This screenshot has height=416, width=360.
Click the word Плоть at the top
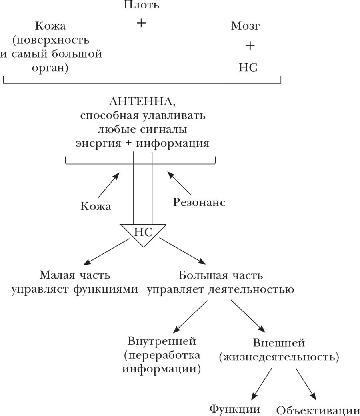point(141,5)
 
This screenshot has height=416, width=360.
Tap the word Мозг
point(246,26)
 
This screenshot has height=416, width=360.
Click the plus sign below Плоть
point(141,23)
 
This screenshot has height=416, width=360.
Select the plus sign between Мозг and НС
point(250,46)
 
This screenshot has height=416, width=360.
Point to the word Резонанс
point(199,203)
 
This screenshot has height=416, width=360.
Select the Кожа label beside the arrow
point(96,206)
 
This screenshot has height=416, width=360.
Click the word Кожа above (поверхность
point(50,26)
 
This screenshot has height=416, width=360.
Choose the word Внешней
point(279,343)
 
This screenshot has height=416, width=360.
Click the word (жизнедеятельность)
point(279,356)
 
